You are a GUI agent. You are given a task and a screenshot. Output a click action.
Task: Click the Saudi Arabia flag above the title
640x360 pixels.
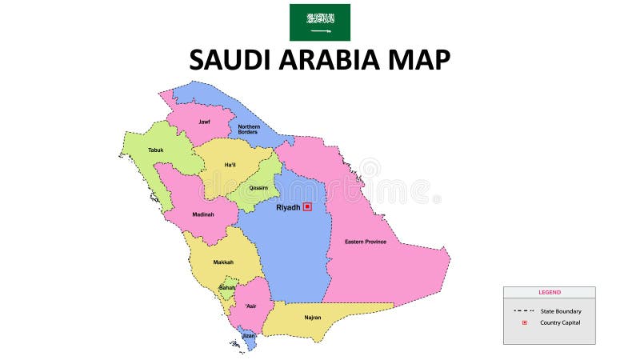[x=319, y=22]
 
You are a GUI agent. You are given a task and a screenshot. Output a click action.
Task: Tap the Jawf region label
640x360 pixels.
[x=205, y=122]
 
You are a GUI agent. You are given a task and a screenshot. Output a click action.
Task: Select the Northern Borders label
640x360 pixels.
[x=249, y=129]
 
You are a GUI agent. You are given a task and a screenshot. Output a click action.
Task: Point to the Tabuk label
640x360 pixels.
[x=155, y=150]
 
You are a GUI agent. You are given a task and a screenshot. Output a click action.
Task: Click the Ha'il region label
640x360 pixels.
[x=230, y=165]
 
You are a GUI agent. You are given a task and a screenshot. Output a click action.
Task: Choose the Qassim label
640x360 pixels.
[x=258, y=188]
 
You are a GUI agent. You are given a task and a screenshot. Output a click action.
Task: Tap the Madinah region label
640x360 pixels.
[x=203, y=214]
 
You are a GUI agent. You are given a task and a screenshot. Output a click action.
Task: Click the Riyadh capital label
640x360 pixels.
[x=288, y=207]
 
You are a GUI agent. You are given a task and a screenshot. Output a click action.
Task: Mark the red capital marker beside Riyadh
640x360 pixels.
[x=307, y=206]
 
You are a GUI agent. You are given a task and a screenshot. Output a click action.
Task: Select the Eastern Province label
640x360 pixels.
[x=366, y=242]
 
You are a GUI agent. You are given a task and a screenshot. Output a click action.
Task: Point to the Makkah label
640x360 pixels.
[x=223, y=262]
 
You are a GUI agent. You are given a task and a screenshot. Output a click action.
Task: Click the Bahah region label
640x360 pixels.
[x=228, y=287]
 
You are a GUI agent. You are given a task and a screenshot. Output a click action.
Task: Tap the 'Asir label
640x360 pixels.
[x=251, y=306]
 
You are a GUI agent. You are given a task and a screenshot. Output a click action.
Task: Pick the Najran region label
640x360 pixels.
[x=313, y=318]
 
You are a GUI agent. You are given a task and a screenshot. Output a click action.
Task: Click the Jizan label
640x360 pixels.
[x=249, y=336]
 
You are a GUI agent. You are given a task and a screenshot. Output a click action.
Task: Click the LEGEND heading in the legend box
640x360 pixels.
[x=550, y=292]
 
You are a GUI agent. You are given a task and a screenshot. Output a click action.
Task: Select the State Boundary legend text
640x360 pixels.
[x=561, y=311]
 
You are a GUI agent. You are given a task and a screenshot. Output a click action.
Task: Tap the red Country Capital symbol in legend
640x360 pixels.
[x=525, y=322]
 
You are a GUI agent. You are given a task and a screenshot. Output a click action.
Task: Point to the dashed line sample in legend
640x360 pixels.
[x=525, y=310]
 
